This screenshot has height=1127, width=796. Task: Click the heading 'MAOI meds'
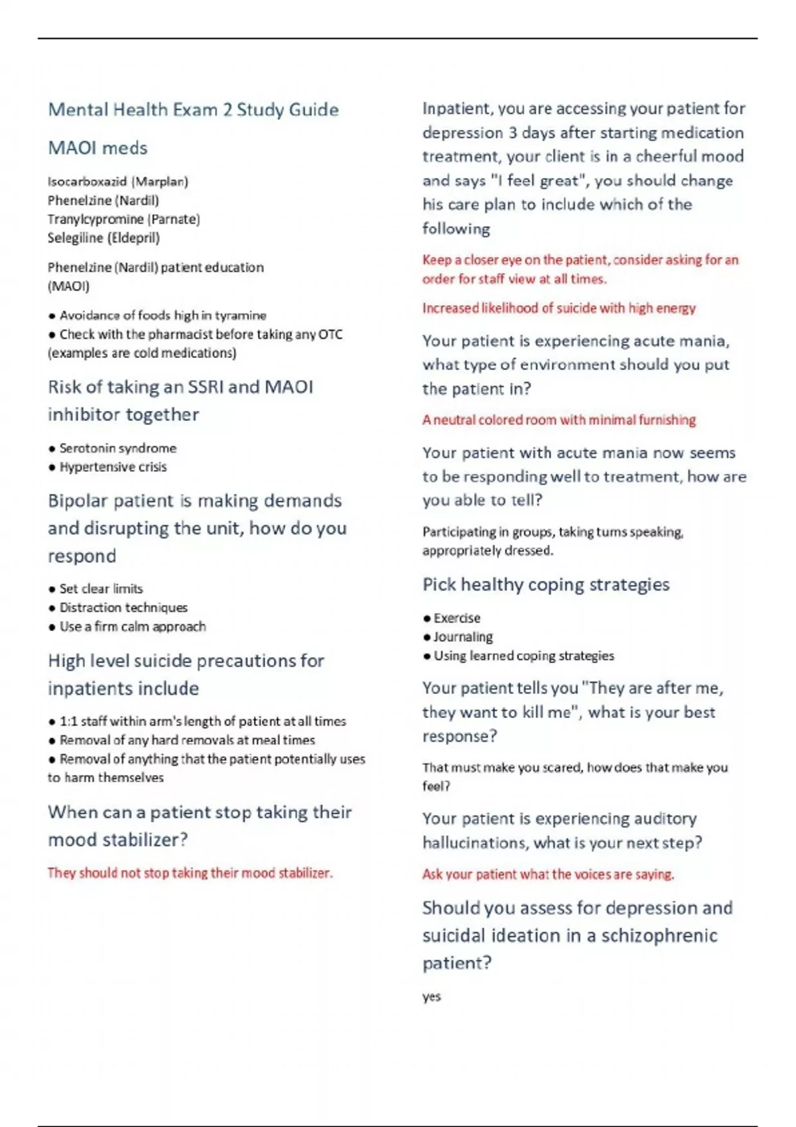(x=98, y=148)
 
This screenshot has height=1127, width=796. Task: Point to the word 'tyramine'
(x=240, y=316)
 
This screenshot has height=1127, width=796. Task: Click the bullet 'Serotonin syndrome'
(x=117, y=448)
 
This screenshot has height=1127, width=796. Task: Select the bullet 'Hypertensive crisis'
(x=113, y=467)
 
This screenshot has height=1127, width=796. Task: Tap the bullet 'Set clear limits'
(x=101, y=589)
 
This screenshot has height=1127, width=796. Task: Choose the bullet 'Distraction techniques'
(x=123, y=608)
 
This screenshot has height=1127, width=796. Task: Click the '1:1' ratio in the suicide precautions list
(x=68, y=721)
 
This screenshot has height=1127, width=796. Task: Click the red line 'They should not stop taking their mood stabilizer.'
(x=190, y=873)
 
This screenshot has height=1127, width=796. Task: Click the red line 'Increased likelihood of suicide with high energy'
(x=559, y=308)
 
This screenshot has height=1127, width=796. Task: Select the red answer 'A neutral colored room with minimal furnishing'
(x=559, y=420)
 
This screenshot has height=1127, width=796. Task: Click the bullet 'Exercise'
(x=456, y=619)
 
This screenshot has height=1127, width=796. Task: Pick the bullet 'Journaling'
(x=462, y=637)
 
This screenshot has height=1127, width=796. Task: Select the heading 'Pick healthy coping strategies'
(x=545, y=585)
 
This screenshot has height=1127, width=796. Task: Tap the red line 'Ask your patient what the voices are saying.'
(x=548, y=874)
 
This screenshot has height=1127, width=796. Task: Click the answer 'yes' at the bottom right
(x=431, y=997)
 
